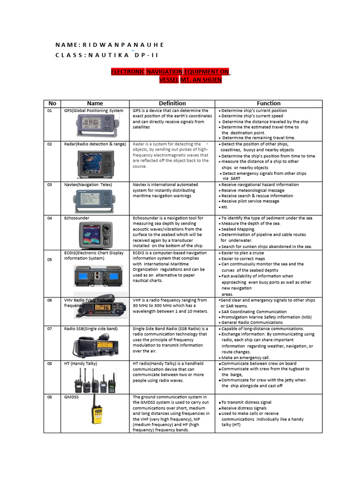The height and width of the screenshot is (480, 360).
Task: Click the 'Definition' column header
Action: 172,103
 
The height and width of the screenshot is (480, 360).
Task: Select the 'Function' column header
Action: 269,103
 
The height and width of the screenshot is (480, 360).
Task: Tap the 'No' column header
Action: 52,103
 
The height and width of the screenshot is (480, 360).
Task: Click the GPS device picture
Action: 95,125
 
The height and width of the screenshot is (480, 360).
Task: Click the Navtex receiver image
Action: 96,201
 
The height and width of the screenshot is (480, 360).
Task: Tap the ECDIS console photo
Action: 95,276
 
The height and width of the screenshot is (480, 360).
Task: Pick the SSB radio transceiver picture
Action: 95,345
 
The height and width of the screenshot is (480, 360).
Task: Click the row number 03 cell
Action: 50,185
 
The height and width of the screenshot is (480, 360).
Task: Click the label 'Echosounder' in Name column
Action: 76,218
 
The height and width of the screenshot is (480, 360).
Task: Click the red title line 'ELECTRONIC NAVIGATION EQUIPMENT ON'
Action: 170,71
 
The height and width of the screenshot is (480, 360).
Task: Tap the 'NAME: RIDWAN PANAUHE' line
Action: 110,45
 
